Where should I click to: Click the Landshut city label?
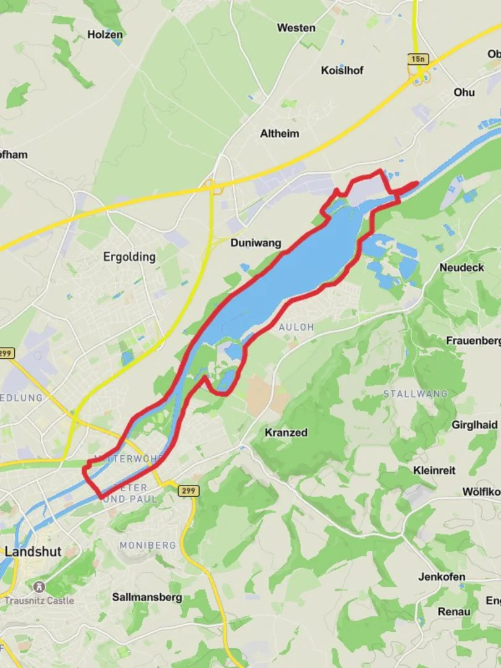(x=33, y=552)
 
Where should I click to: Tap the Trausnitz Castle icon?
(x=40, y=586)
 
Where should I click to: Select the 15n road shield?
(x=418, y=59)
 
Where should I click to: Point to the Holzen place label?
(x=105, y=35)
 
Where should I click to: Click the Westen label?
(x=296, y=28)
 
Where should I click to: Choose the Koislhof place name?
(x=342, y=71)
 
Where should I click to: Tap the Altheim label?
(x=280, y=134)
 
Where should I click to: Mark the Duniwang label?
(x=255, y=243)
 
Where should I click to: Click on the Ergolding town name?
(x=129, y=256)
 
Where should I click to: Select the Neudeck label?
(x=461, y=268)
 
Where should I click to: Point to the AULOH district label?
(x=296, y=327)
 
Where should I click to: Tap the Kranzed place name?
(x=286, y=432)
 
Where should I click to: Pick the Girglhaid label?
(x=474, y=425)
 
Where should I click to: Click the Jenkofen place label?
(x=442, y=577)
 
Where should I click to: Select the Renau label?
(x=454, y=612)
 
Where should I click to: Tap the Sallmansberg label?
(x=147, y=597)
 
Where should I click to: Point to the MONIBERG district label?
(x=148, y=546)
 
